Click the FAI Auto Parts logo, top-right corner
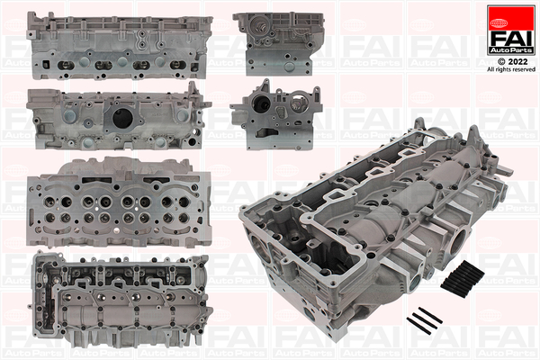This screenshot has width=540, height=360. [511, 30]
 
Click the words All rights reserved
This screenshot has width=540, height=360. [511, 69]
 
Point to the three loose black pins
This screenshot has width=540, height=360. [424, 320]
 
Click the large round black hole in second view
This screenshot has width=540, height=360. [122, 118]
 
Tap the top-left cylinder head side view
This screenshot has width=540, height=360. [119, 46]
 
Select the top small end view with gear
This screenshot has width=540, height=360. [278, 44]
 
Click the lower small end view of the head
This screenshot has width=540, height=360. [276, 115]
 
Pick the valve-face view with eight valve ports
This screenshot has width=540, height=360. [119, 202]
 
